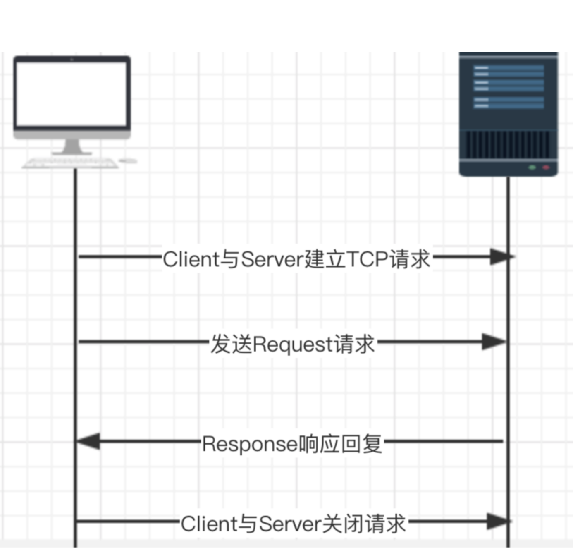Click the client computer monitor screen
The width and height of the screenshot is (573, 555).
pos(72,94)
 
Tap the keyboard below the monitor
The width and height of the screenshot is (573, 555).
pos(70,164)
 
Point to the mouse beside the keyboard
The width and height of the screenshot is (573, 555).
pos(128,160)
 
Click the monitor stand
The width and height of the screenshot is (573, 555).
pos(72,147)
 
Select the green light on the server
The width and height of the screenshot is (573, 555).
pos(532,167)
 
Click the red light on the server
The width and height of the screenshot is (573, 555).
pos(546,167)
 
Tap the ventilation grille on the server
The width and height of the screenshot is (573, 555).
pos(508,144)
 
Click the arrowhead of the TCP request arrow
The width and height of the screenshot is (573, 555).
pos(500,257)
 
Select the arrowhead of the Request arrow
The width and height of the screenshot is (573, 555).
pos(494,342)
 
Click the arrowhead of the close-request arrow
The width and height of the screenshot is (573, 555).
pos(498,522)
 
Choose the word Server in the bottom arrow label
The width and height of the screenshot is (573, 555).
pos(289,524)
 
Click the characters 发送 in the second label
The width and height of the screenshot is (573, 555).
pos(231,344)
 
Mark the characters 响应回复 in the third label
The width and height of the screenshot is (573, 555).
pos(340,444)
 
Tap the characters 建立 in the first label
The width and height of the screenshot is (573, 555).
pos(325,259)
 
